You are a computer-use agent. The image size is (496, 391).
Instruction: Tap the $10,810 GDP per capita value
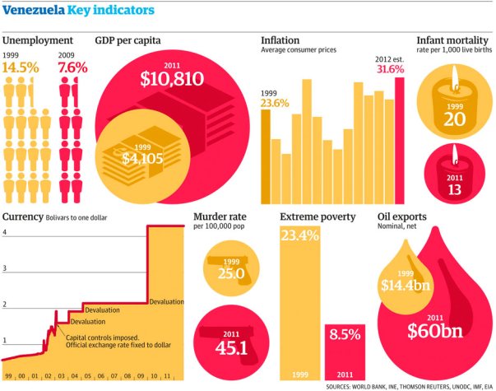(174, 79)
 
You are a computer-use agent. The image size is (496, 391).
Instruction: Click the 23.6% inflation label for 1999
(276, 103)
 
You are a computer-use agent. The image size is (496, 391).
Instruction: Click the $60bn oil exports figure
(433, 332)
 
